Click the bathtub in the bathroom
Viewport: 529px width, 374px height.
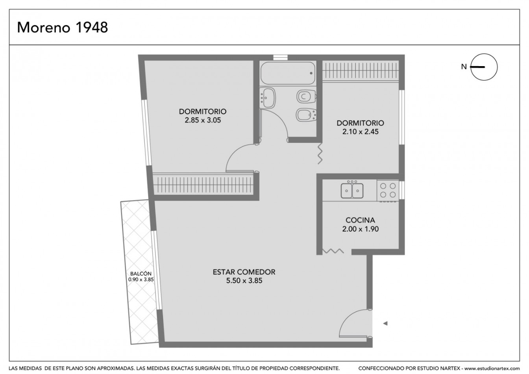click(x=288, y=73)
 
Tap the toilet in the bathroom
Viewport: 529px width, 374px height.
click(x=307, y=96)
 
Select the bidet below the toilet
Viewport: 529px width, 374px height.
click(x=306, y=115)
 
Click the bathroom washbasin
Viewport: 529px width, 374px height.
click(x=267, y=98)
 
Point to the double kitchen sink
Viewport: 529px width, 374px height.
click(x=352, y=191)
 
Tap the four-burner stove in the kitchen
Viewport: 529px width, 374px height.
click(x=388, y=190)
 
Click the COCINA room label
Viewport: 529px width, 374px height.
click(x=360, y=220)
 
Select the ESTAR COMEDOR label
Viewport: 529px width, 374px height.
click(x=244, y=272)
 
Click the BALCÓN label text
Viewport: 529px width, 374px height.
click(x=141, y=274)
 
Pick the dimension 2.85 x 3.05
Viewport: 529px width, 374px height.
click(x=203, y=120)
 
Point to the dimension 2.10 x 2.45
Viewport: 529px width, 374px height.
click(x=361, y=131)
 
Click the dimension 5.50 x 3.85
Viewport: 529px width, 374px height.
click(x=244, y=281)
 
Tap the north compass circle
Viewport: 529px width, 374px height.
click(x=484, y=67)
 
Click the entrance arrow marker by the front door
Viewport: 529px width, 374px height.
click(x=385, y=324)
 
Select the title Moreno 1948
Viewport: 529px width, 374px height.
click(x=62, y=28)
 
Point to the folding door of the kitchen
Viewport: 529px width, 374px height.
click(x=333, y=251)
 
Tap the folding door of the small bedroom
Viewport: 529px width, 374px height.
click(x=320, y=153)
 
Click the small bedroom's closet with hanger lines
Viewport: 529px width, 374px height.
click(x=361, y=70)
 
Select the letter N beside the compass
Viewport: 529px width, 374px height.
click(x=464, y=67)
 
